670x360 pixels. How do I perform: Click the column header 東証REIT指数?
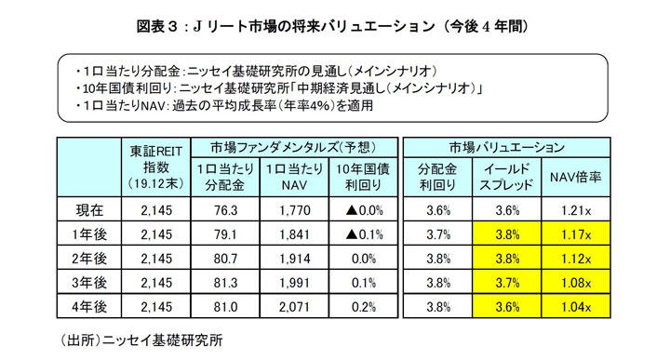pyautogui.click(x=155, y=165)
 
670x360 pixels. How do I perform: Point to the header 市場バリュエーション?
pyautogui.click(x=505, y=147)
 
